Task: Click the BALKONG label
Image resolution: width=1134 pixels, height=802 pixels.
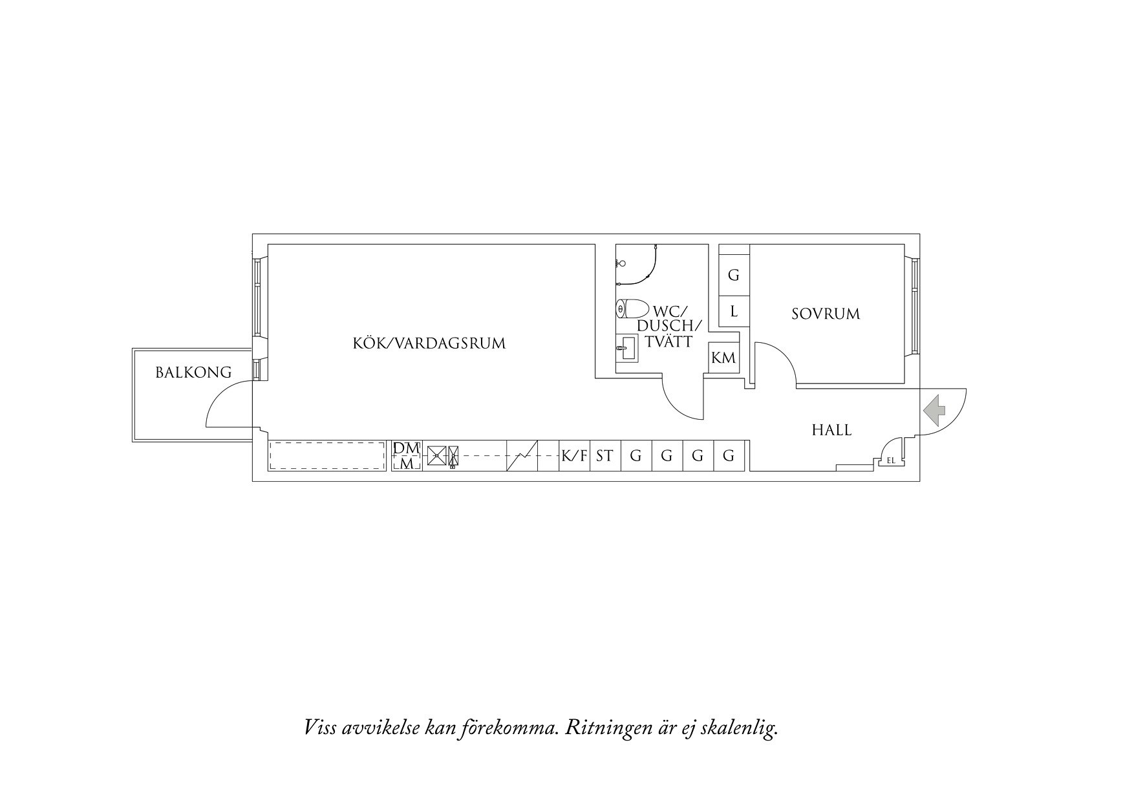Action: point(193,373)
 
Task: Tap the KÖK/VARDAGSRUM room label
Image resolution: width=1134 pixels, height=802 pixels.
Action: point(429,343)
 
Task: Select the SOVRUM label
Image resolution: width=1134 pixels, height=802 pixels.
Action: point(826,314)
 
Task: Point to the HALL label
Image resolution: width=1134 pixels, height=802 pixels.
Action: point(831,430)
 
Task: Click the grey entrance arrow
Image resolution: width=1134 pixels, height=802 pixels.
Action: point(934,409)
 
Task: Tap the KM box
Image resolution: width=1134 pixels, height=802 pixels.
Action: point(723,358)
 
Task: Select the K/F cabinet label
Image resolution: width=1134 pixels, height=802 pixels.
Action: point(574,456)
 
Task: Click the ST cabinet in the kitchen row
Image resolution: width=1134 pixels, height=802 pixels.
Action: point(604,456)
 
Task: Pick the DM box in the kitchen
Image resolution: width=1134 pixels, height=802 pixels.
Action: point(407,448)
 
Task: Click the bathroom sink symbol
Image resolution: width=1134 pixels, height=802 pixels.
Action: point(626,349)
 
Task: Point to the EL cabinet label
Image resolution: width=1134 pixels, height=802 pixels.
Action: point(892,461)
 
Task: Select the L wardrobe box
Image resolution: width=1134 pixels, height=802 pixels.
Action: point(734,312)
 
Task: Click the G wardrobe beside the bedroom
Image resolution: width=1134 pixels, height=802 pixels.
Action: point(734,276)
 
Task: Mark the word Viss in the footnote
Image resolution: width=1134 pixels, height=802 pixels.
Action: point(321,728)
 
